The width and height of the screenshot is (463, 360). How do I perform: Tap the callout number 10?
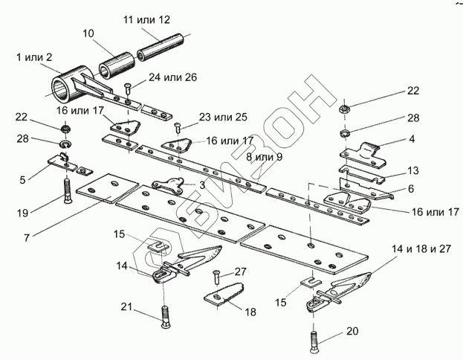point(88,33)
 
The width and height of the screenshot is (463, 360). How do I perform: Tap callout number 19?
point(23,213)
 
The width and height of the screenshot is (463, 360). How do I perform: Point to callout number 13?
point(413,171)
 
